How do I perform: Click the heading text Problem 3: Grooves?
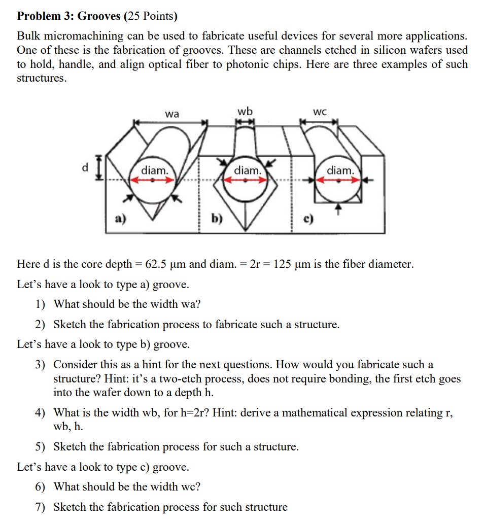point(69,16)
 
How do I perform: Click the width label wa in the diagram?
point(172,114)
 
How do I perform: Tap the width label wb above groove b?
point(245,111)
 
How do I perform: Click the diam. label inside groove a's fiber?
point(154,170)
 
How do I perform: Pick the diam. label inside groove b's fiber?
point(247,170)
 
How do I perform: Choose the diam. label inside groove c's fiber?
point(340,170)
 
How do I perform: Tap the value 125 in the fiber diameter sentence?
point(282,264)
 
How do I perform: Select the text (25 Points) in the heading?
point(151,16)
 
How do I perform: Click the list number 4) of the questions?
point(40,412)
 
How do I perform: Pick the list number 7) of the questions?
point(40,507)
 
